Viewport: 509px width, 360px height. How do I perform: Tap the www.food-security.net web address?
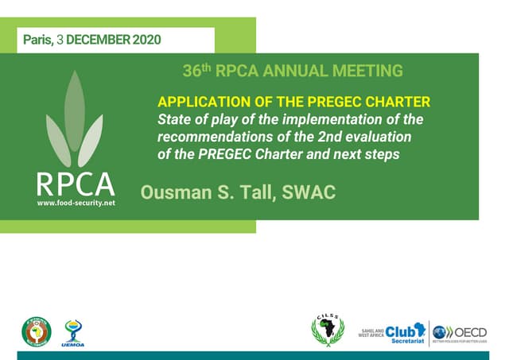pos(76,203)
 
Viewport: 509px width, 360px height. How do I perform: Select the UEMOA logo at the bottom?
pos(72,332)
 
